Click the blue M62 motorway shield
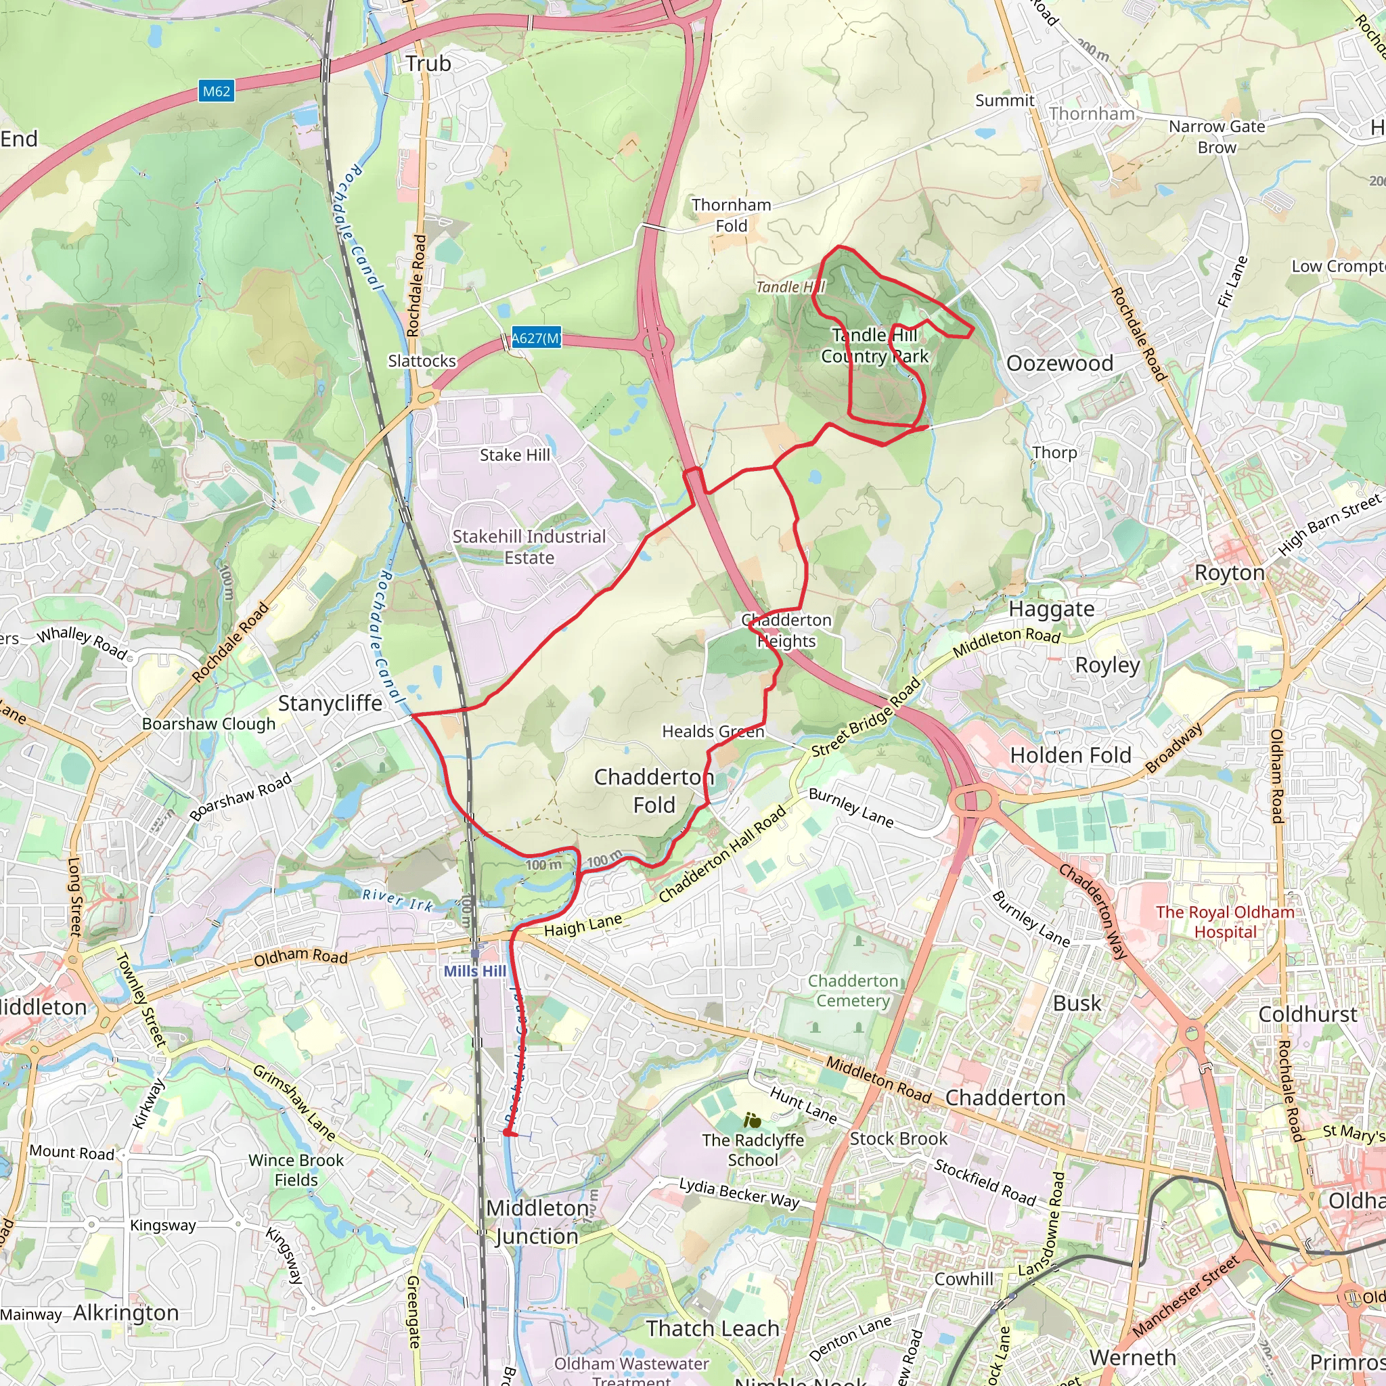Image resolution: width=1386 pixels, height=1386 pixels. click(216, 91)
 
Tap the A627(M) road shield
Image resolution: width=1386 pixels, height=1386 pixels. click(535, 338)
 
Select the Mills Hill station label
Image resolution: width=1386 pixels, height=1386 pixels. click(474, 970)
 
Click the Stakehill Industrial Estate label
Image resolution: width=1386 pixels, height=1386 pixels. click(529, 547)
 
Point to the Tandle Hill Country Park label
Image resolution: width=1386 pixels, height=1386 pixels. click(874, 346)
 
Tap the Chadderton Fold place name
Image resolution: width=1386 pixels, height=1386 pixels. click(654, 790)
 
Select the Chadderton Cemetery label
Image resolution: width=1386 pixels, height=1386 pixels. click(853, 991)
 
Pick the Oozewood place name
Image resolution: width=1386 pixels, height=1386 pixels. click(1060, 363)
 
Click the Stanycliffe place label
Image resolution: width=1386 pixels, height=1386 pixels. click(330, 703)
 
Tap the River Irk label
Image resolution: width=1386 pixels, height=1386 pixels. click(397, 899)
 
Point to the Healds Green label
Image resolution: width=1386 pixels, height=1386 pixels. click(713, 731)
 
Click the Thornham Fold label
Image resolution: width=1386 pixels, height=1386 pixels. click(731, 215)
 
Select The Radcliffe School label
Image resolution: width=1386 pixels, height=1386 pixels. click(753, 1149)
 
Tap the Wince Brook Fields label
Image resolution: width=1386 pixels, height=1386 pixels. click(296, 1170)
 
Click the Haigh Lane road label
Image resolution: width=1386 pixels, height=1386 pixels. click(583, 925)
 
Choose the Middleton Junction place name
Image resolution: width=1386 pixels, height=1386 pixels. click(537, 1222)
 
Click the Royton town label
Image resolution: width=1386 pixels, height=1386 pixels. click(1229, 573)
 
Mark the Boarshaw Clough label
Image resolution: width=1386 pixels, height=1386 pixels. click(208, 724)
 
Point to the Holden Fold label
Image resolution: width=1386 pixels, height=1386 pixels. click(1071, 755)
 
